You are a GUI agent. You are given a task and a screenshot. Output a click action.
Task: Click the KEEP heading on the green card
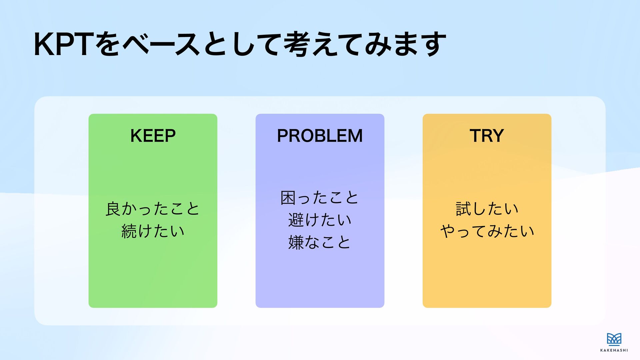click(153, 136)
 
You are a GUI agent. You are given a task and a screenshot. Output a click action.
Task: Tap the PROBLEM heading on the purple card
click(320, 136)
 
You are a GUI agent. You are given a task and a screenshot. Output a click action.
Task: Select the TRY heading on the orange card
click(487, 136)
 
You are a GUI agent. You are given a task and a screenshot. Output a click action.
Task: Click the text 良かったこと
click(153, 209)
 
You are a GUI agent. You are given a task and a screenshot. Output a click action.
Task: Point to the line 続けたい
click(153, 231)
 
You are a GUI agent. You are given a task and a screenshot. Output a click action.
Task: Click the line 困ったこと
click(320, 198)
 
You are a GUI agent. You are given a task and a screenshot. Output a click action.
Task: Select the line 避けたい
click(320, 220)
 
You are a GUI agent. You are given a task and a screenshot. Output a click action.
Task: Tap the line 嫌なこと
click(320, 242)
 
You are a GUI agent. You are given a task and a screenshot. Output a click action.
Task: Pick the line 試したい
click(487, 209)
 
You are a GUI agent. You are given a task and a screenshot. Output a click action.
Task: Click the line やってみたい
click(487, 231)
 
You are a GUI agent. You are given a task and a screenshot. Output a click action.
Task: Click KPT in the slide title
click(62, 44)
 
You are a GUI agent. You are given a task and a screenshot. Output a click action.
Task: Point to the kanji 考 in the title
click(296, 44)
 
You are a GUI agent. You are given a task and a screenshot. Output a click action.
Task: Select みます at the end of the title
click(405, 44)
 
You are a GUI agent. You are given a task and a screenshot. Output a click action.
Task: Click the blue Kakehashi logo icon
click(614, 339)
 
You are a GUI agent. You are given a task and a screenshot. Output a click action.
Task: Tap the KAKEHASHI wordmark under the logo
click(614, 350)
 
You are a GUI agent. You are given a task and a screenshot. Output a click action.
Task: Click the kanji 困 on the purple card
click(288, 198)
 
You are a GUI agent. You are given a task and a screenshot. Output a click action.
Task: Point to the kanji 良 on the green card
click(113, 209)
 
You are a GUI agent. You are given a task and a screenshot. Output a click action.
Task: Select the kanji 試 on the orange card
click(463, 209)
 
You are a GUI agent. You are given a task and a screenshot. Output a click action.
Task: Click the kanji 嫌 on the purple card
click(296, 242)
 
